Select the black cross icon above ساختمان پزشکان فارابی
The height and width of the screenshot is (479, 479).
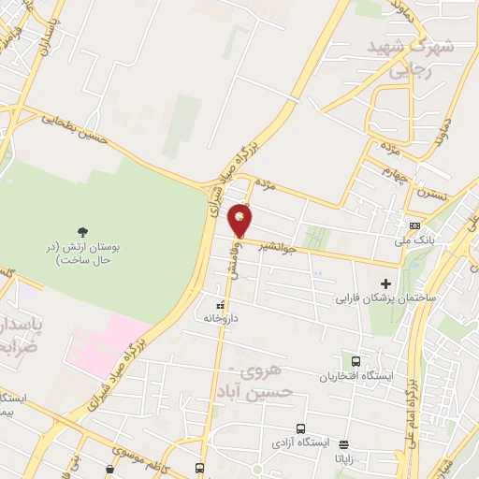point(385,283)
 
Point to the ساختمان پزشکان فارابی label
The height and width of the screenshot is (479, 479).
point(381,300)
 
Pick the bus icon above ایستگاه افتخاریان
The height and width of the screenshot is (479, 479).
point(356,361)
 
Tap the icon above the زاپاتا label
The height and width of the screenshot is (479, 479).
point(344,444)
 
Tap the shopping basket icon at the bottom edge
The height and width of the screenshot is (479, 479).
point(111,468)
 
